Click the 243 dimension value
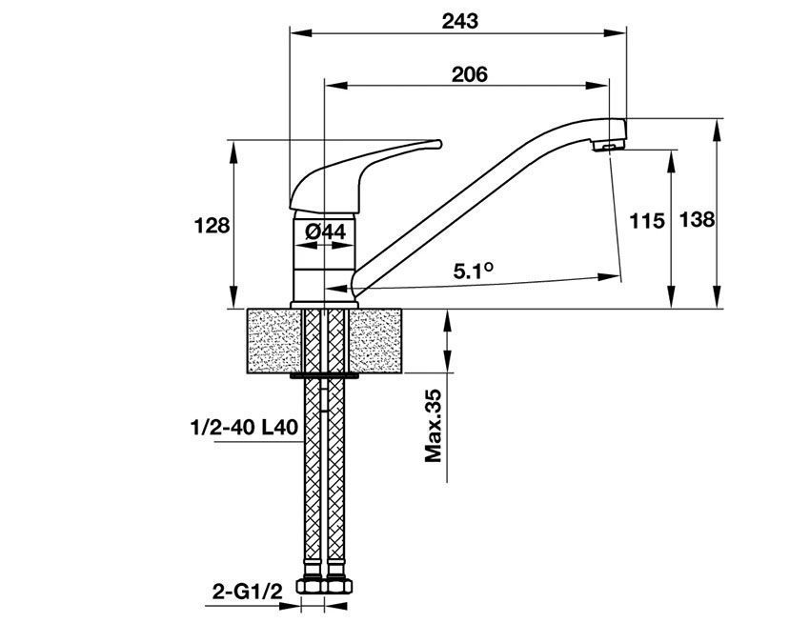pyautogui.click(x=460, y=20)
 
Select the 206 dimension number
pyautogui.click(x=468, y=74)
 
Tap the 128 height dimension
pyautogui.click(x=212, y=226)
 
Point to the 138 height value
pyautogui.click(x=697, y=220)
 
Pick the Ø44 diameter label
pyautogui.click(x=325, y=231)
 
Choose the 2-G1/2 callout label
pyautogui.click(x=246, y=593)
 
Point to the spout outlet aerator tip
pyautogui.click(x=607, y=147)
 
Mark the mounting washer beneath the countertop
pyautogui.click(x=324, y=377)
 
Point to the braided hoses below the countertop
pyautogui.click(x=324, y=476)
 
